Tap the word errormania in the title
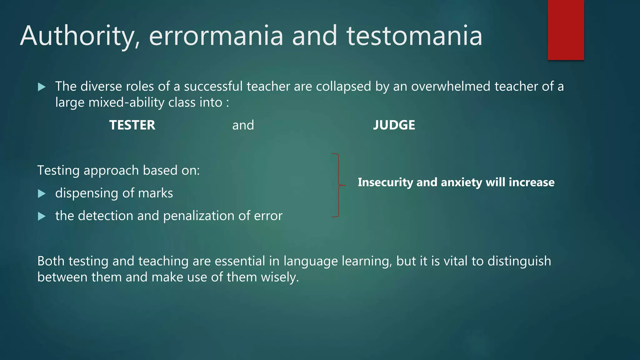(216, 36)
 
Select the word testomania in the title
(414, 36)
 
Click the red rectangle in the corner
(566, 30)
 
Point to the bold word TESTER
(132, 125)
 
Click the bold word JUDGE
(394, 125)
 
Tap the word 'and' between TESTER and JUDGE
(243, 125)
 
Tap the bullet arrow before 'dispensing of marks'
(42, 194)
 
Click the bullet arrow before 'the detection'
(42, 216)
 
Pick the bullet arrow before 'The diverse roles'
(42, 87)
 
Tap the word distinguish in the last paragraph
(519, 261)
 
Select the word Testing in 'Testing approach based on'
(58, 171)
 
